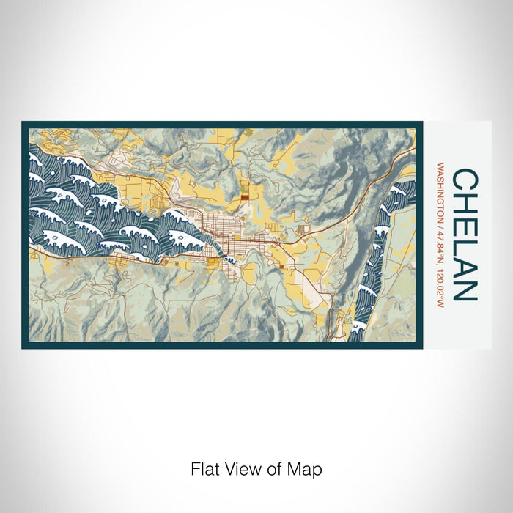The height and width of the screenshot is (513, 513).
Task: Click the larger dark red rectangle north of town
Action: tap(244, 196)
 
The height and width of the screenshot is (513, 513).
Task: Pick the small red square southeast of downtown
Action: tap(281, 267)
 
